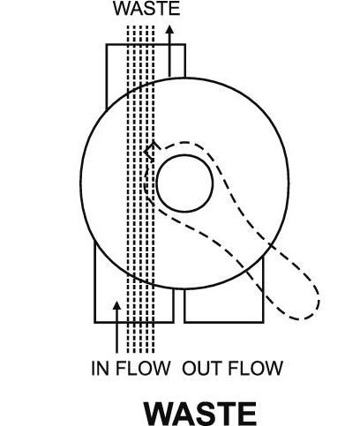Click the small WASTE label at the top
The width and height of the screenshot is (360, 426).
[x=146, y=9]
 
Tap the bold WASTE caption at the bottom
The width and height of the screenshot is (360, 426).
[x=200, y=414]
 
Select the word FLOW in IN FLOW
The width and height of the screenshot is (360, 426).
[x=143, y=368]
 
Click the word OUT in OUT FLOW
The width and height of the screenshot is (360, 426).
[x=202, y=368]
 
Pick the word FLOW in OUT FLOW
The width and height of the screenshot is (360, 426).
[x=256, y=368]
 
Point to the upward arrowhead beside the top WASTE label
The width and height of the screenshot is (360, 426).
[x=169, y=30]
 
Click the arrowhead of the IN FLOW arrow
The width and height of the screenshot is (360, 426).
[x=117, y=306]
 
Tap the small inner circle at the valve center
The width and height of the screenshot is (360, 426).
[x=184, y=183]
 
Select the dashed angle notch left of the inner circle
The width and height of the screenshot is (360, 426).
[x=149, y=152]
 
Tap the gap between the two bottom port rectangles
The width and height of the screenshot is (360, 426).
[x=179, y=306]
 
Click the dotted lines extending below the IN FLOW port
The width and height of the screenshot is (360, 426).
[x=140, y=338]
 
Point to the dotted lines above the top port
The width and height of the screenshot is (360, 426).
[x=140, y=34]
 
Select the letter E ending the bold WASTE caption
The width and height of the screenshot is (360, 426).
[x=247, y=414]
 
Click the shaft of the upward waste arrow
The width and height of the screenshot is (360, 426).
[x=169, y=56]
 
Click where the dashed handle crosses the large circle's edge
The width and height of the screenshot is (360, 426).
[x=269, y=244]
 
